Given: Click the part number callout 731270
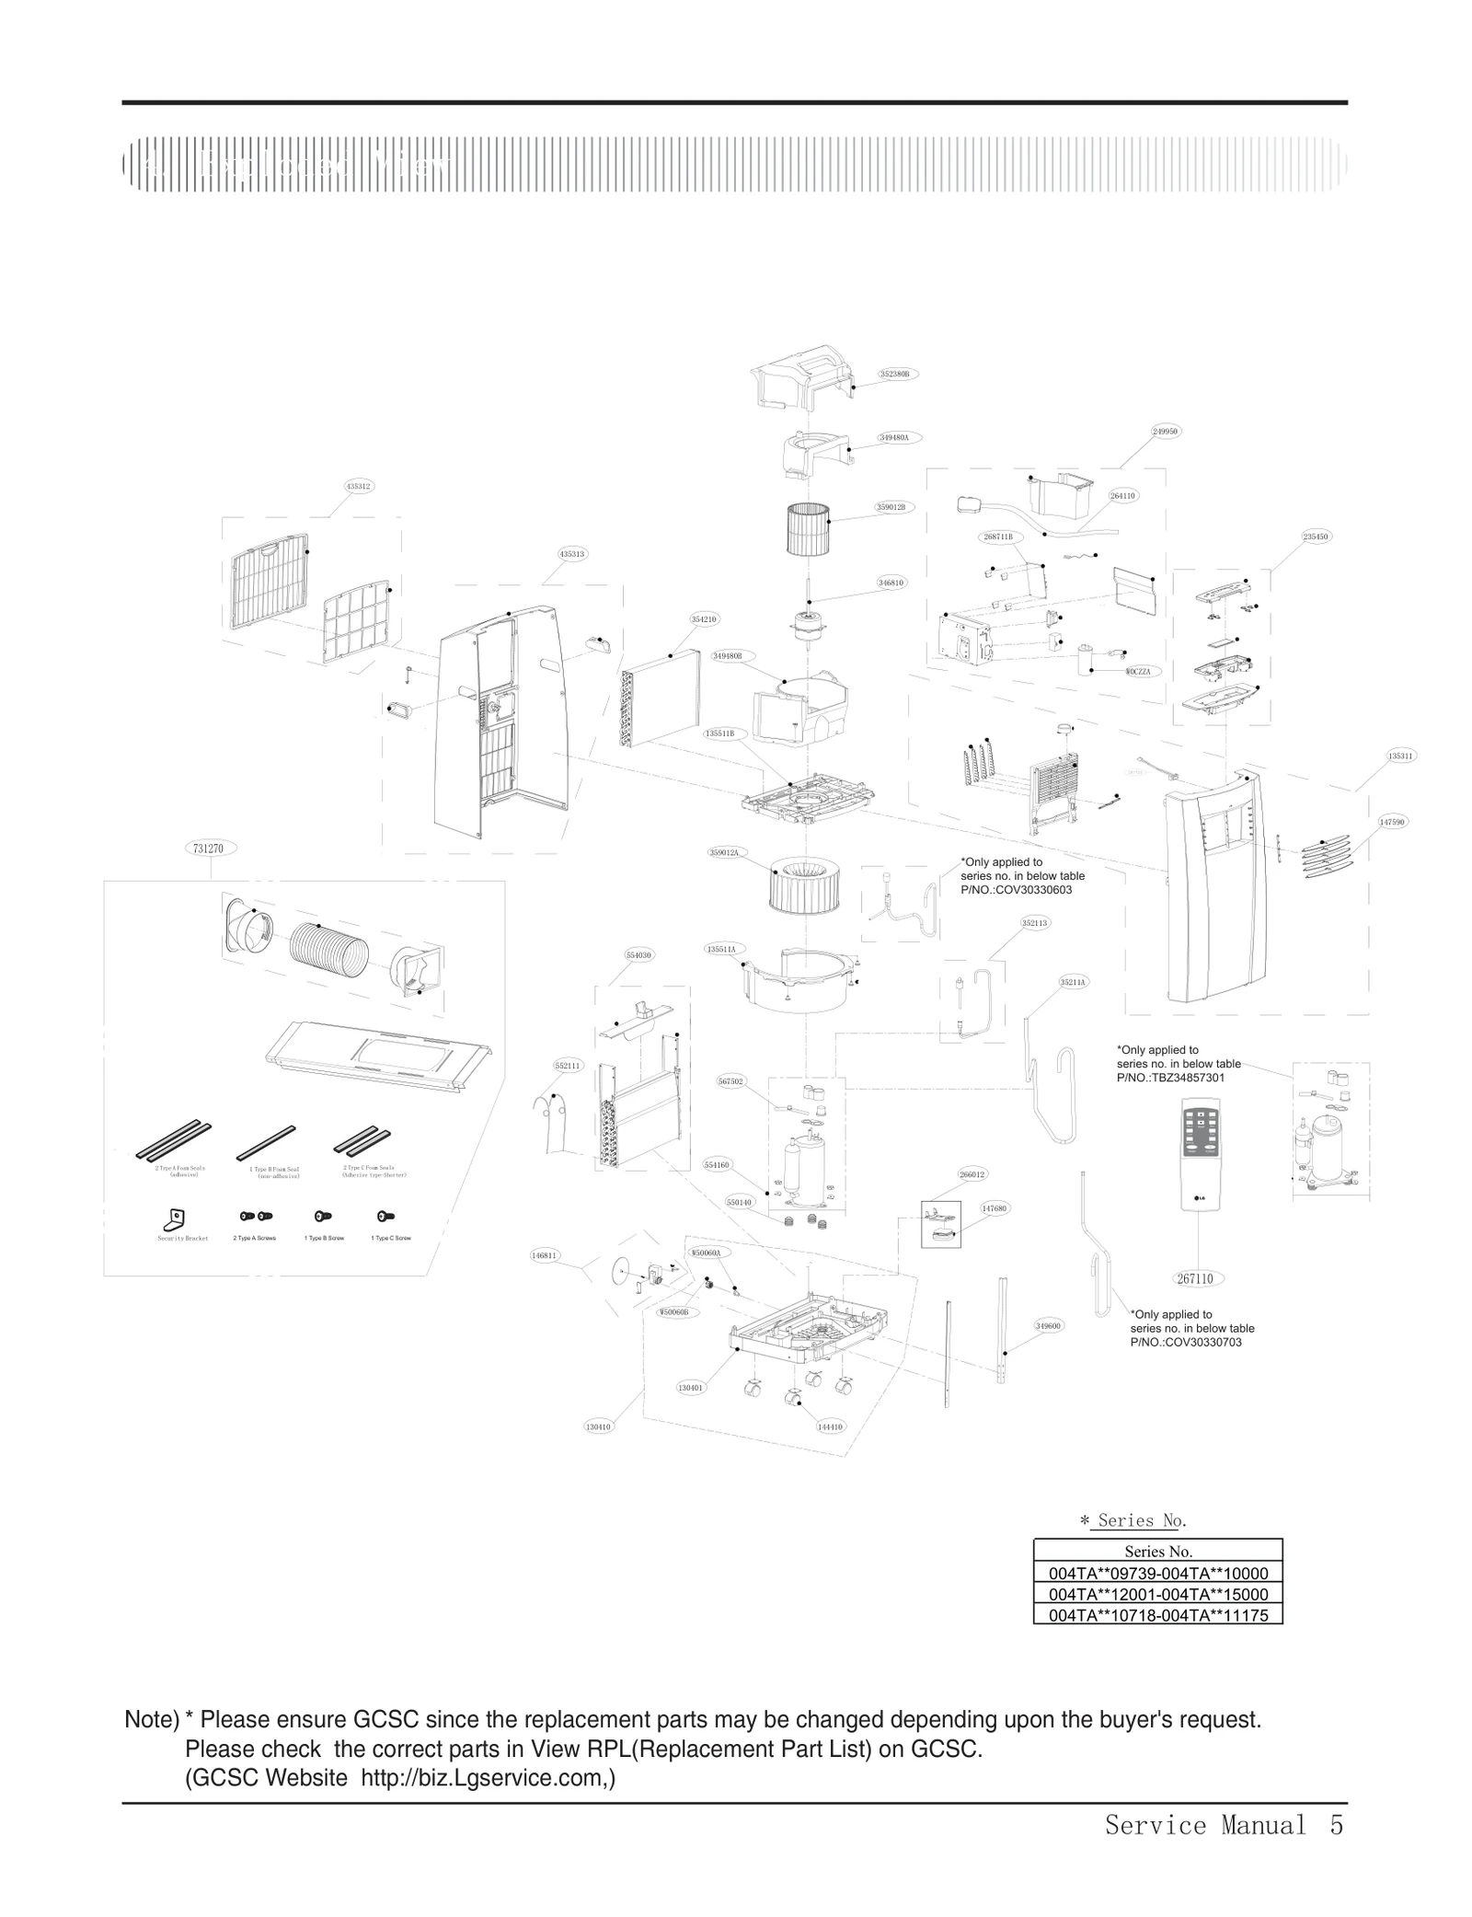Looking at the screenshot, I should coord(209,848).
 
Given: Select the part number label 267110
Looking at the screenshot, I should coord(1194,1278).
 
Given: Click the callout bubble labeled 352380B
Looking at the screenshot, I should coord(893,374).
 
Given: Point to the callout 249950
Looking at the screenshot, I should coord(1165,431).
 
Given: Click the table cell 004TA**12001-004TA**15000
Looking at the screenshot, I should coord(1157,1594).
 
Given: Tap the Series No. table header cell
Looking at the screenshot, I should coord(1157,1552).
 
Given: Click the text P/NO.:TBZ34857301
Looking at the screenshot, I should coord(1170,1077).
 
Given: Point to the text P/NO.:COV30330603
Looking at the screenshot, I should coord(1016,890).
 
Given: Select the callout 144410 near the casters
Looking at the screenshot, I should coord(830,1426).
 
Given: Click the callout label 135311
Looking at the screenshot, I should coord(1400,756).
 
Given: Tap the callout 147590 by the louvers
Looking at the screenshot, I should coord(1393,821).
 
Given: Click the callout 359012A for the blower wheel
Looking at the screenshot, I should coord(724,852).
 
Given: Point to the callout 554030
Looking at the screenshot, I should coord(638,955).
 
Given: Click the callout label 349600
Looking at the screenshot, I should coord(1048,1325).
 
